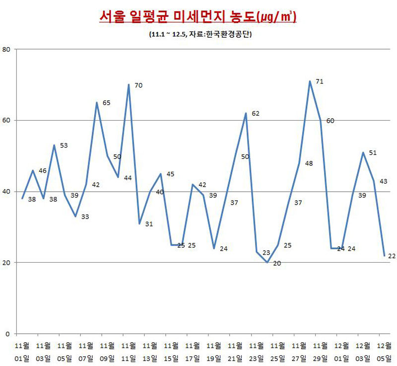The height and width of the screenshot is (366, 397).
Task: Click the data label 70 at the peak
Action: tap(138, 85)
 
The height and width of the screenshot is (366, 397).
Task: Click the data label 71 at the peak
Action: tap(320, 81)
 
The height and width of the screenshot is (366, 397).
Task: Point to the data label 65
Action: tap(107, 103)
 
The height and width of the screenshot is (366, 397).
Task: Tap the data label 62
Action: tap(256, 114)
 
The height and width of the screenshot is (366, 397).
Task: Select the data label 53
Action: tap(64, 146)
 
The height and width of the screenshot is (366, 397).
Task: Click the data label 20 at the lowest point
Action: tap(277, 263)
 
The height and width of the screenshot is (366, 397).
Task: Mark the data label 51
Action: tap(373, 153)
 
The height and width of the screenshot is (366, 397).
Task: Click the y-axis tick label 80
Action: tap(6, 49)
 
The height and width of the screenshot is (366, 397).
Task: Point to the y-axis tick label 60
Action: tap(6, 120)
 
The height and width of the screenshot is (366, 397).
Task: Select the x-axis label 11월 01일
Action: tap(22, 351)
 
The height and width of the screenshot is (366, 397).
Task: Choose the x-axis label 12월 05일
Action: tap(384, 351)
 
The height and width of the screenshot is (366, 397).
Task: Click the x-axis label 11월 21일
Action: tap(236, 351)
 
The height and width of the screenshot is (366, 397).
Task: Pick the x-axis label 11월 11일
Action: tap(129, 351)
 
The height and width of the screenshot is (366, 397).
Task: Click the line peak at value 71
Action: tap(310, 81)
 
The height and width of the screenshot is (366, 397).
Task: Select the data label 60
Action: tap(330, 121)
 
